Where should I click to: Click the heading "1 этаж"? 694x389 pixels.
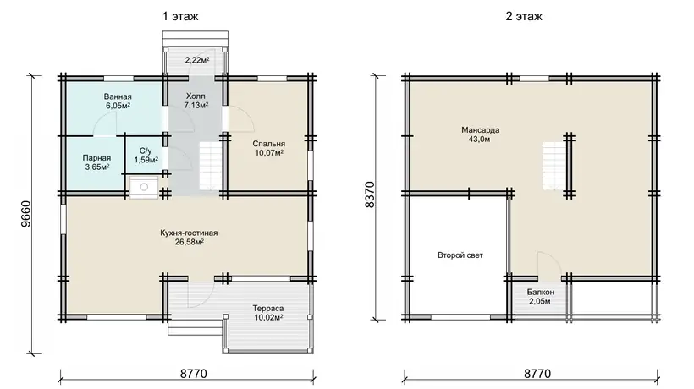pyautogui.click(x=180, y=17)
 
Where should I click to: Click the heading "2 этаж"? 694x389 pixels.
pyautogui.click(x=524, y=17)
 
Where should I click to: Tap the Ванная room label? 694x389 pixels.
pyautogui.click(x=118, y=96)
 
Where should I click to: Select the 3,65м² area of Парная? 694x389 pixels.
pyautogui.click(x=97, y=167)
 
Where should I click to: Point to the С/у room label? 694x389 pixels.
pyautogui.click(x=146, y=151)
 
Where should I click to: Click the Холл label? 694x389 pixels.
pyautogui.click(x=196, y=96)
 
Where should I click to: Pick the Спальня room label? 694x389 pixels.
pyautogui.click(x=268, y=144)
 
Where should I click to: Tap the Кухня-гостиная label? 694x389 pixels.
pyautogui.click(x=189, y=233)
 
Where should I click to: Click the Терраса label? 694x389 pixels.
pyautogui.click(x=268, y=308)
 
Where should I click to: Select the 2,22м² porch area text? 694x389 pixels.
pyautogui.click(x=197, y=60)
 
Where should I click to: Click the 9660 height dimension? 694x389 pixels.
pyautogui.click(x=26, y=214)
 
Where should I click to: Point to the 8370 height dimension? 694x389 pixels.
pyautogui.click(x=370, y=194)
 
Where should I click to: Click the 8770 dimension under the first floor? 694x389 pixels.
pyautogui.click(x=194, y=374)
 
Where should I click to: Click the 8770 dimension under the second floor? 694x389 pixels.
pyautogui.click(x=537, y=374)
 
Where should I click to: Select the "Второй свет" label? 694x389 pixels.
pyautogui.click(x=460, y=255)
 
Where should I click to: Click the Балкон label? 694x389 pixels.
pyautogui.click(x=541, y=293)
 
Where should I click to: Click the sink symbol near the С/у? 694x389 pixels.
pyautogui.click(x=144, y=188)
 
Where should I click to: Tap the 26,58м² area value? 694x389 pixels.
pyautogui.click(x=190, y=242)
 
